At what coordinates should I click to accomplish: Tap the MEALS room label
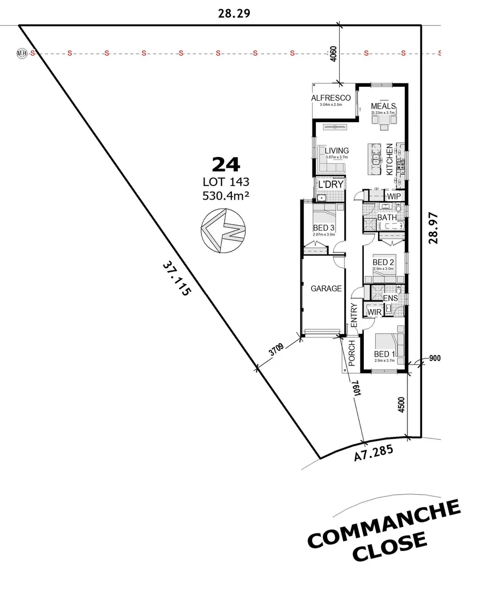tap(383, 106)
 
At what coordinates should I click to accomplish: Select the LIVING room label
tap(337, 151)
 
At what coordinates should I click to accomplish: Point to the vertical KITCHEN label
tap(389, 159)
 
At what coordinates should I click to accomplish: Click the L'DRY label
tap(330, 185)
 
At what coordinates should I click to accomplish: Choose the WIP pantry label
tap(394, 196)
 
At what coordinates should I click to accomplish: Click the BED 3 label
tap(324, 227)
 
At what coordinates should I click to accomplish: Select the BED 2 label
tap(383, 262)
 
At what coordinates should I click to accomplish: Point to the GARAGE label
tap(326, 289)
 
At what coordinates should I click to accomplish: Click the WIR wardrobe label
tap(374, 312)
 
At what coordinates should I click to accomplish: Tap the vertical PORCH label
tap(352, 353)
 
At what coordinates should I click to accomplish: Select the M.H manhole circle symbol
tap(22, 53)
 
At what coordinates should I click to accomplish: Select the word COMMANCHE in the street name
tap(385, 525)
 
